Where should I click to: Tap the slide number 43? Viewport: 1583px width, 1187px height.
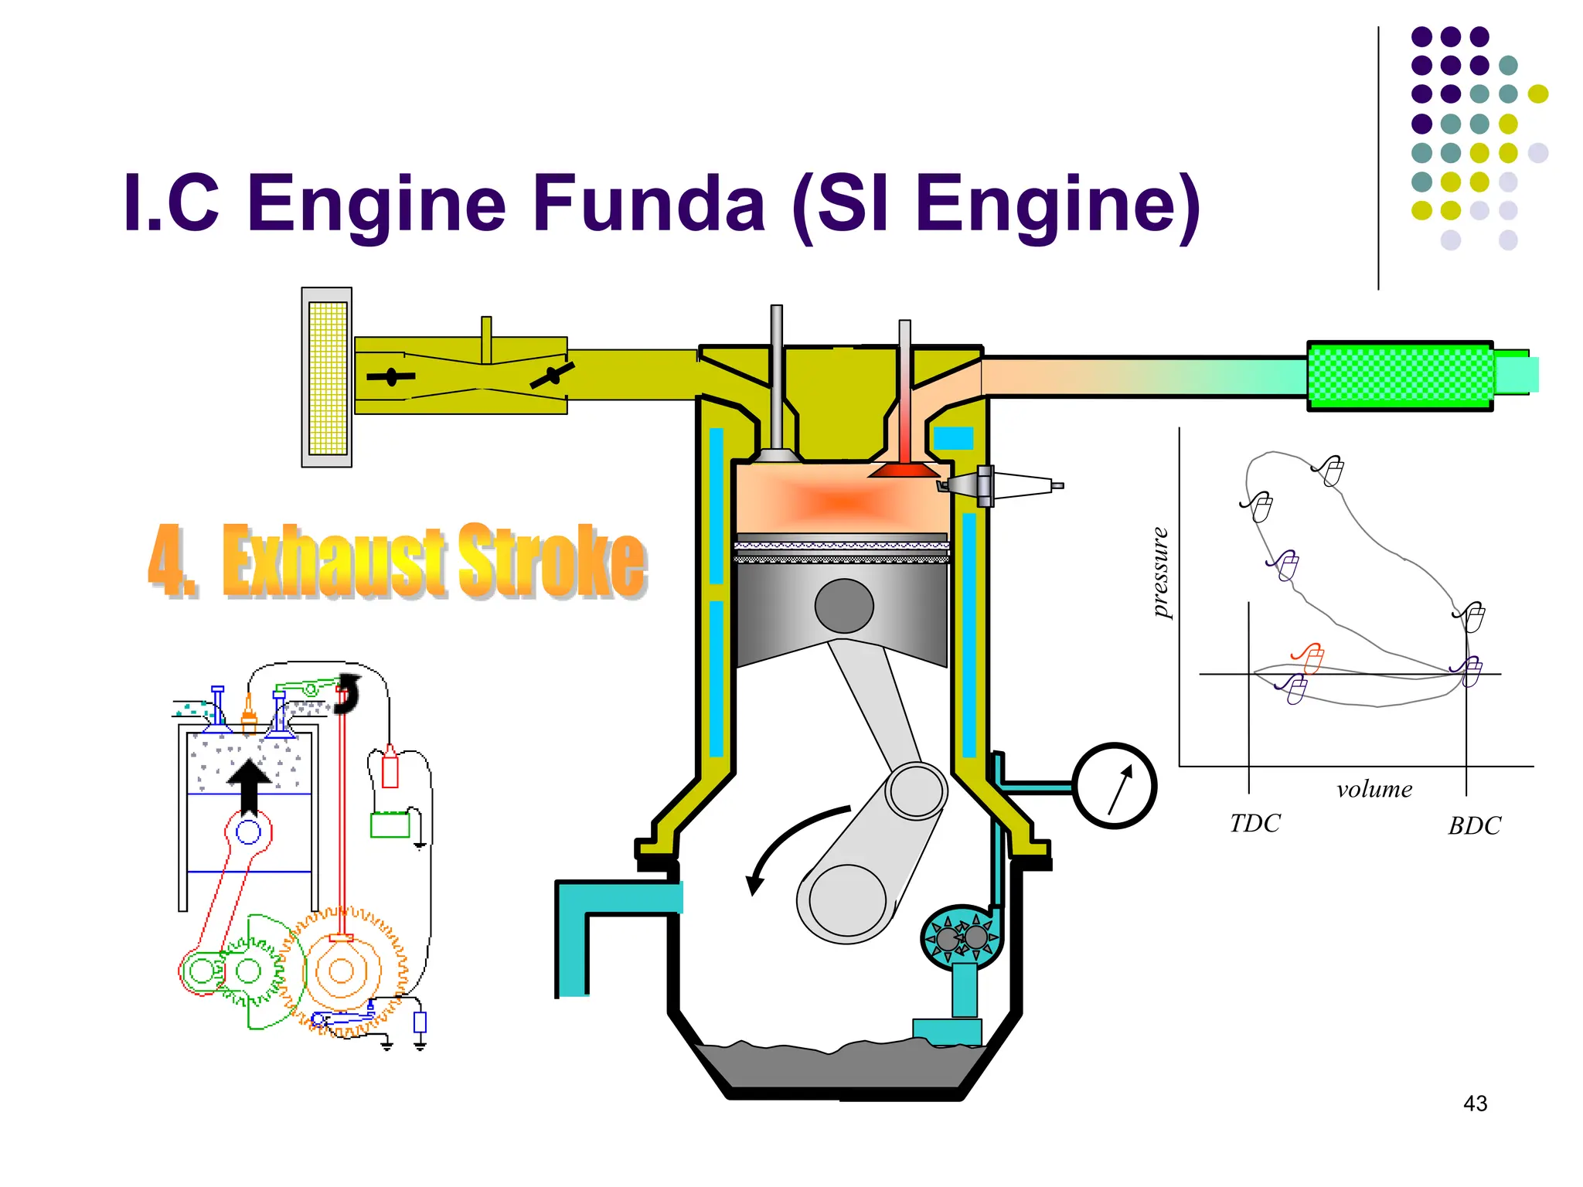(x=1475, y=1104)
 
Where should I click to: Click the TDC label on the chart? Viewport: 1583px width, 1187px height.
(x=1254, y=824)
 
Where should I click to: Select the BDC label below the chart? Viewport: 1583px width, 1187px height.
(x=1474, y=826)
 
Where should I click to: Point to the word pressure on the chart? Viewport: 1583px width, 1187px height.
(x=1159, y=572)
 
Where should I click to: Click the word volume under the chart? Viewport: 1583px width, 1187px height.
(x=1374, y=789)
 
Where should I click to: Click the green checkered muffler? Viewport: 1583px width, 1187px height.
(x=1399, y=376)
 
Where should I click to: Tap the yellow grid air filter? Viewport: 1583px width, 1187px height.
(x=328, y=377)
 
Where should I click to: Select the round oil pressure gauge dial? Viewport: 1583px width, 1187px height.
(x=1114, y=786)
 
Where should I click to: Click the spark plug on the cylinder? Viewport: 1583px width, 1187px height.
(x=997, y=485)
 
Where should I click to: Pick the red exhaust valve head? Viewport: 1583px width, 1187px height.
(x=904, y=470)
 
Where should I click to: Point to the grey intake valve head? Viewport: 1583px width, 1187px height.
(x=778, y=456)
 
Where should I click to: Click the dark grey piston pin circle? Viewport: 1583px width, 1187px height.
(x=844, y=606)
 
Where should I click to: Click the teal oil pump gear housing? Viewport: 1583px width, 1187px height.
(x=961, y=937)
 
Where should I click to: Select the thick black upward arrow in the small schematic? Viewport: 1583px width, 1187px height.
(x=249, y=784)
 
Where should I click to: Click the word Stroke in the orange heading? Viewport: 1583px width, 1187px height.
(x=552, y=560)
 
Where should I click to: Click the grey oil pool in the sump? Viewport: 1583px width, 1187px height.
(x=843, y=1066)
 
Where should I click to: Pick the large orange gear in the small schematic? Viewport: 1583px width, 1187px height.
(x=342, y=971)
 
